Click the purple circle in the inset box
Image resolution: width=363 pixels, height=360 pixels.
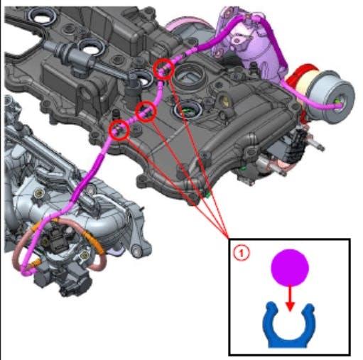[x=290, y=269]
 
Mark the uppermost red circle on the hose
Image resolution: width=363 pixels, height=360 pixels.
[x=164, y=68]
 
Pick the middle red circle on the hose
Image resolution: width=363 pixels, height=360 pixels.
[x=146, y=110]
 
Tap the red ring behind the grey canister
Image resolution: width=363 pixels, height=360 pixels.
[x=302, y=77]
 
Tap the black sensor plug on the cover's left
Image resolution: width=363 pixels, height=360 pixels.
[x=77, y=58]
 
